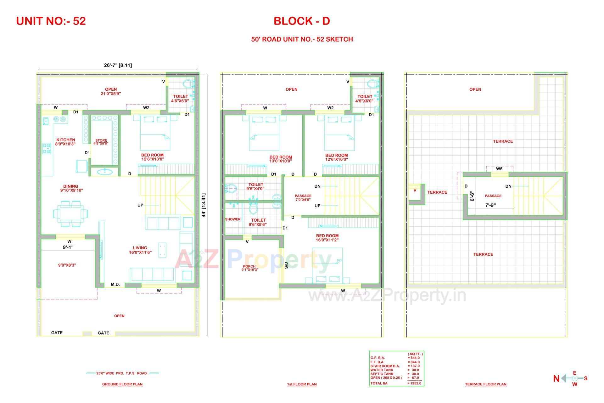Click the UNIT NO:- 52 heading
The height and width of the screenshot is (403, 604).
pos(51,21)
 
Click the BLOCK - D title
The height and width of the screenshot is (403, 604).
pos(301,21)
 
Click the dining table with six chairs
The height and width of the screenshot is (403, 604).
pos(70,214)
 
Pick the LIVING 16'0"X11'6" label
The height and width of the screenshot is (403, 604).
pos(140,250)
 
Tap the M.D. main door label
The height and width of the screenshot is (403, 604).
pos(115,285)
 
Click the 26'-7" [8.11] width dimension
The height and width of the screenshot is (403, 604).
pos(118,65)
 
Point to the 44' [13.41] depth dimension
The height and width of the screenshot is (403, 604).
pos(204,205)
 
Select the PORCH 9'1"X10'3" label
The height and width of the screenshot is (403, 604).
pos(250,268)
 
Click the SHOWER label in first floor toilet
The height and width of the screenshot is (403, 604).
pos(232,219)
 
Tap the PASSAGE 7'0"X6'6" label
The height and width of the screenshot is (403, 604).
pos(303,198)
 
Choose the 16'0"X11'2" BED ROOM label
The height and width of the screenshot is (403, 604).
pos(327,238)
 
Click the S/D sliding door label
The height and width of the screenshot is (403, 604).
pos(286,265)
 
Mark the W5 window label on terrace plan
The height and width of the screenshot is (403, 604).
pos(499,169)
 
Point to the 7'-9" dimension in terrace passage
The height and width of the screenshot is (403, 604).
pos(490,205)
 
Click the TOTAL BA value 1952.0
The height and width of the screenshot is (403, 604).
pos(414,383)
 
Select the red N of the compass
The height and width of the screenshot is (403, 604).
pos(556,379)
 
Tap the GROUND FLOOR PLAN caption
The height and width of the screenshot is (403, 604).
pos(122,384)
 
